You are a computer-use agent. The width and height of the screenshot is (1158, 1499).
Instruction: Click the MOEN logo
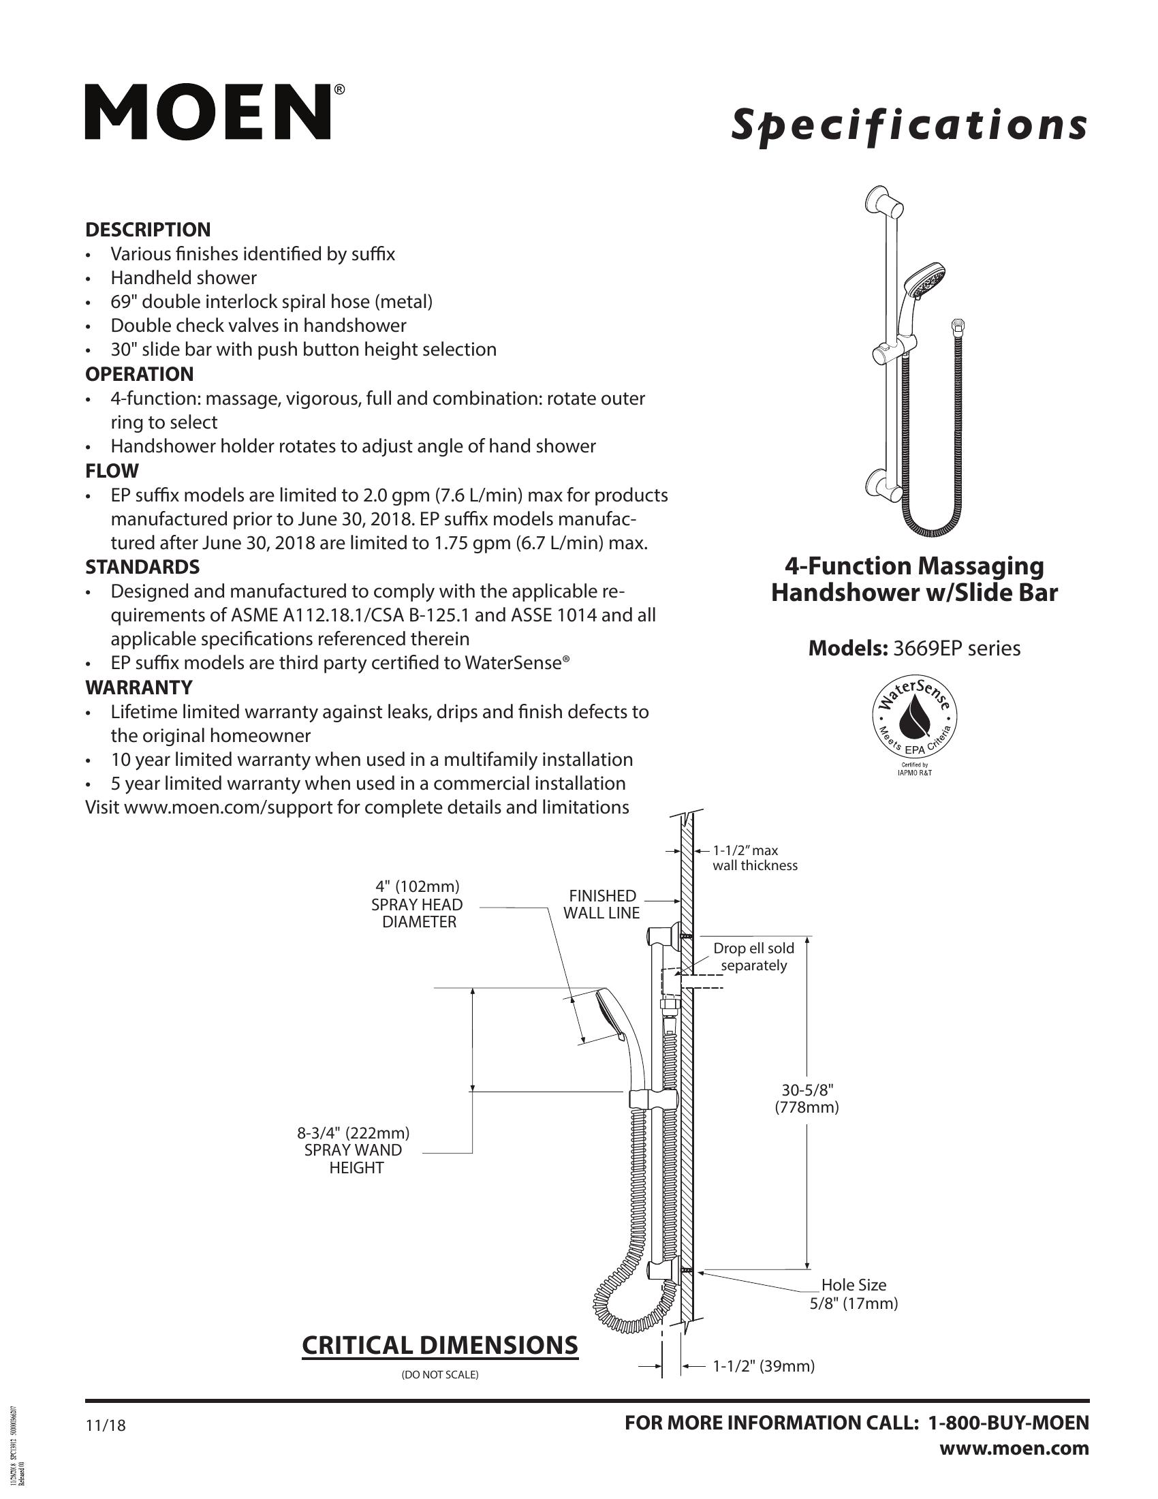[x=214, y=112]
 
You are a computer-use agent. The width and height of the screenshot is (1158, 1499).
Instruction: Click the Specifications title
[x=909, y=126]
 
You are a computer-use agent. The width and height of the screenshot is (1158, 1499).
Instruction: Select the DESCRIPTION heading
[x=148, y=230]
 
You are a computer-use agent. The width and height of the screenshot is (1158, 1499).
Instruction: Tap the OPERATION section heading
[x=139, y=374]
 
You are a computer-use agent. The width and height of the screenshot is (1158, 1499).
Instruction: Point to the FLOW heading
[x=112, y=471]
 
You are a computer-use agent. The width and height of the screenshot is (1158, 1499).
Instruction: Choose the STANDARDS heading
[x=142, y=567]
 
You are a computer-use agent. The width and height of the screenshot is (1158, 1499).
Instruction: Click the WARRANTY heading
[x=138, y=687]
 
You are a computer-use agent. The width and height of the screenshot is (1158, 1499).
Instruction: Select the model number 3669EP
[x=928, y=648]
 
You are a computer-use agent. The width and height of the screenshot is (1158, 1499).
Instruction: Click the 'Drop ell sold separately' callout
[x=753, y=957]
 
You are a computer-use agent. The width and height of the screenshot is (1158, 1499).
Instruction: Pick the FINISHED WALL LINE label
[x=601, y=904]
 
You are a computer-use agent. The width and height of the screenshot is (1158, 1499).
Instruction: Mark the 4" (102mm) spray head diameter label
[x=417, y=904]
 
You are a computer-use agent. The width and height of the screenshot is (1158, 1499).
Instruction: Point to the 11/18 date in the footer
[x=106, y=1425]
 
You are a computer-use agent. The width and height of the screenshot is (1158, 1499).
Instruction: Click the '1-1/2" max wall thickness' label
[x=755, y=858]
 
